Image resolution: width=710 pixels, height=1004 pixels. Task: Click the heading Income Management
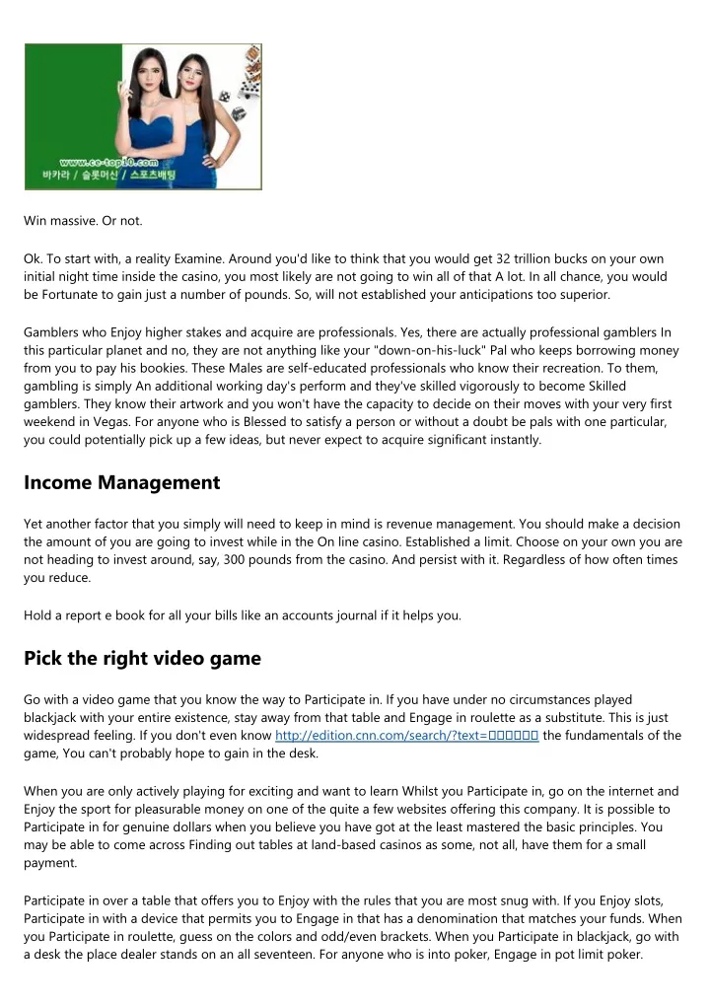pyautogui.click(x=121, y=482)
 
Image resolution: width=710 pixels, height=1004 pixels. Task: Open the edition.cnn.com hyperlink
pyautogui.click(x=406, y=735)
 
